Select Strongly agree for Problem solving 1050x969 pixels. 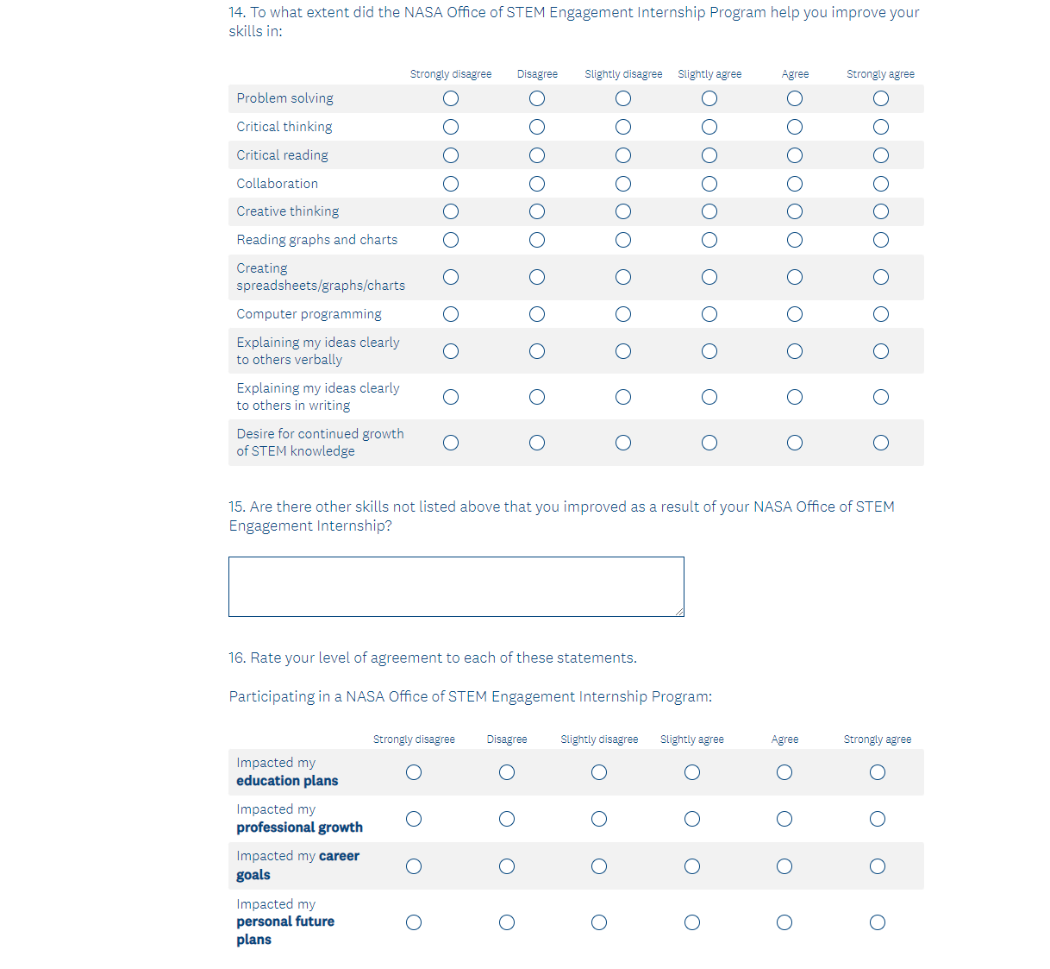(x=880, y=98)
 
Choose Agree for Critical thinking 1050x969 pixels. (x=795, y=127)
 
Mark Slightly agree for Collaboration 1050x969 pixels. (x=709, y=184)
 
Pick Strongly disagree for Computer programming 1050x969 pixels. (x=451, y=314)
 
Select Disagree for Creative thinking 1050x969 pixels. (x=537, y=211)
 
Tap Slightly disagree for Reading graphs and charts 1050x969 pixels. (x=623, y=240)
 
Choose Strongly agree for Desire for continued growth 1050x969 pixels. (x=880, y=443)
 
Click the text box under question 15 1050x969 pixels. (x=456, y=587)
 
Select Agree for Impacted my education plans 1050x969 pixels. (x=784, y=772)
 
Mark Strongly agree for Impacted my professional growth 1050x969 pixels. (x=878, y=819)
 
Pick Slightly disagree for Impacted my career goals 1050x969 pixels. (x=599, y=866)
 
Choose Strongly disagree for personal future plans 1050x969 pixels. (x=414, y=922)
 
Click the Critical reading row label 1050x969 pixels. (x=282, y=155)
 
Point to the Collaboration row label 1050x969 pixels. (x=277, y=184)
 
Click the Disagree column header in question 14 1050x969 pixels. (x=537, y=74)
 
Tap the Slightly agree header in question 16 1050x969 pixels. (x=692, y=739)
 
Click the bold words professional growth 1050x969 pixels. (x=299, y=827)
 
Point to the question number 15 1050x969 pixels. (x=237, y=507)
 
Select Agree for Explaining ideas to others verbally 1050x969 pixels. (x=795, y=351)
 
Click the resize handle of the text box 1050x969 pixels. (x=679, y=612)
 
